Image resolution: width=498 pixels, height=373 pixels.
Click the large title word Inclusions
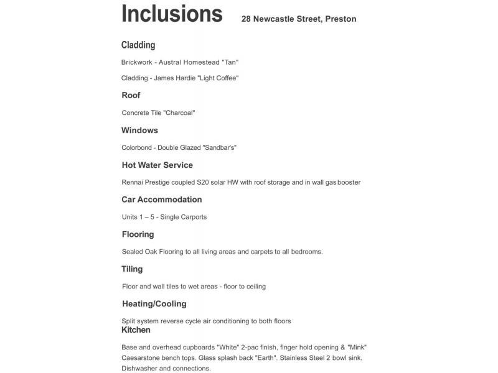click(x=172, y=13)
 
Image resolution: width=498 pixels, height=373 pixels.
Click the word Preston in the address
click(x=341, y=19)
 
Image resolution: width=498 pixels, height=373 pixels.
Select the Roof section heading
click(x=131, y=95)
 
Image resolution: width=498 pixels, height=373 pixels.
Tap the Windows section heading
click(x=139, y=130)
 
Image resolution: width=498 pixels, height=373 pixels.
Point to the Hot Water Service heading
click(x=157, y=165)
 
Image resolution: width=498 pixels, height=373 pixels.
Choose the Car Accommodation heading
click(x=161, y=200)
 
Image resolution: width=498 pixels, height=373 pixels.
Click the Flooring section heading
click(x=138, y=234)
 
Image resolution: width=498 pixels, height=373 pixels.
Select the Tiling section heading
click(x=132, y=269)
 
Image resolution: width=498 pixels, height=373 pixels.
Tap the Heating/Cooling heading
click(x=154, y=304)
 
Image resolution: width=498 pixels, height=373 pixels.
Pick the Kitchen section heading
click(x=136, y=329)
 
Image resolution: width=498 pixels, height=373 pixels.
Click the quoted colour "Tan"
click(x=230, y=62)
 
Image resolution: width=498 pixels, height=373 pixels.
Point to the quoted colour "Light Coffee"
click(x=218, y=78)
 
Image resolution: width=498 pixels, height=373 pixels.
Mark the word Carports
click(x=192, y=217)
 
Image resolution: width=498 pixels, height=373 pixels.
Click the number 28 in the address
click(x=247, y=19)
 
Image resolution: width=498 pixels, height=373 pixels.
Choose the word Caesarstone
click(x=141, y=358)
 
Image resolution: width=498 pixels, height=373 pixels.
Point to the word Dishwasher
click(x=139, y=369)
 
